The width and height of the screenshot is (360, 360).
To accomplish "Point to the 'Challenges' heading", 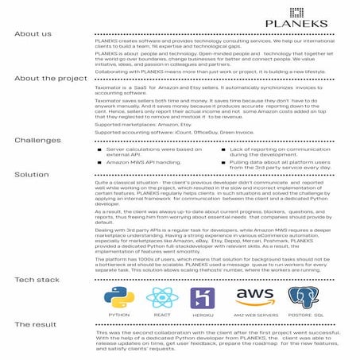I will (x=38, y=140).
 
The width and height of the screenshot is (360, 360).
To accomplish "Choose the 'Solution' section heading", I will (x=31, y=173).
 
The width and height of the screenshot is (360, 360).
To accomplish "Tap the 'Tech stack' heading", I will (x=37, y=281).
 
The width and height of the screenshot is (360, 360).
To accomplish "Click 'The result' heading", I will (x=35, y=325).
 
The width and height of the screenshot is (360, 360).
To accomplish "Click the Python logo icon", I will (x=118, y=297).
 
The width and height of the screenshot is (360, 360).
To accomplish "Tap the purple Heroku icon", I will (x=202, y=298).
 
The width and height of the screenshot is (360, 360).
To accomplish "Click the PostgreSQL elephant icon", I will (x=304, y=297).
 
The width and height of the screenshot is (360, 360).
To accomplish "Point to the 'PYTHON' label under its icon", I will (x=118, y=315).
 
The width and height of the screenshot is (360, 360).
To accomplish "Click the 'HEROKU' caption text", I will (x=202, y=315).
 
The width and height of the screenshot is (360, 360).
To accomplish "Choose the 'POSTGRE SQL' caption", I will (x=304, y=315).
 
